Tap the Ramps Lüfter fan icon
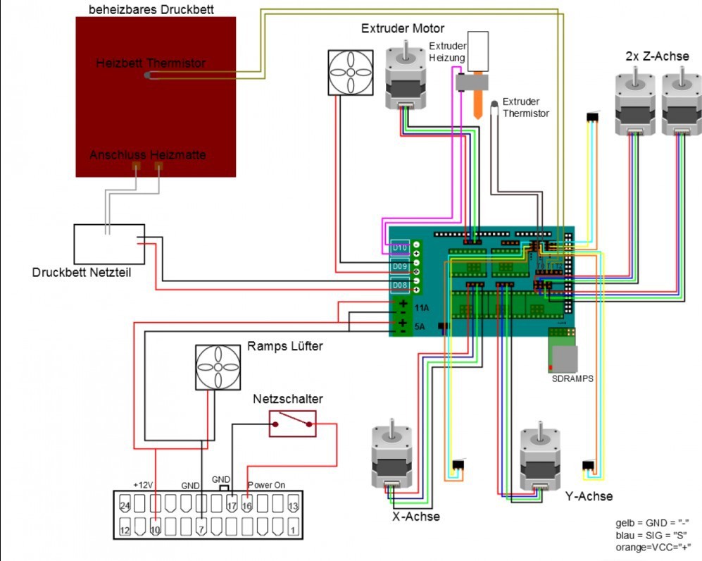click(218, 367)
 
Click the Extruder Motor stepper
click(406, 78)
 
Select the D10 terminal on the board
click(400, 248)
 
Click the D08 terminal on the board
click(400, 285)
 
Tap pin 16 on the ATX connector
click(247, 505)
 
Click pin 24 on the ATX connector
click(126, 505)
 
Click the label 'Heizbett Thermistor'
click(151, 63)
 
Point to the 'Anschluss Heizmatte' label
click(147, 154)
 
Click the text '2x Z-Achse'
click(657, 56)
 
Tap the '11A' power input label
click(422, 308)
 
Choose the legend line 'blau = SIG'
click(651, 535)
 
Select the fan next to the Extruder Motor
click(350, 71)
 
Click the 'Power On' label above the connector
click(266, 486)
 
